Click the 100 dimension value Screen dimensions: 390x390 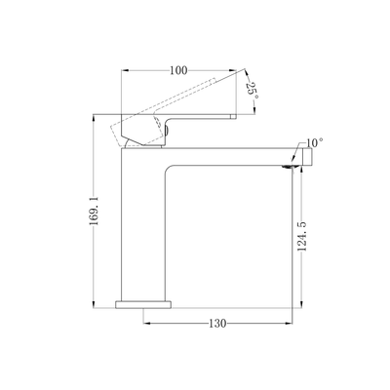click(178, 70)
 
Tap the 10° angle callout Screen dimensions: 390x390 click(315, 142)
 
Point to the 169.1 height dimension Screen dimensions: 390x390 click(94, 211)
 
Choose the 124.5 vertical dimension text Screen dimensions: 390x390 click(302, 236)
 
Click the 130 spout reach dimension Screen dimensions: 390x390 click(217, 324)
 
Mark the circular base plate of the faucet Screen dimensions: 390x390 click(143, 304)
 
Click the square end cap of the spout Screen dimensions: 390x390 click(307, 157)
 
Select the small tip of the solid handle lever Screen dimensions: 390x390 click(233, 116)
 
